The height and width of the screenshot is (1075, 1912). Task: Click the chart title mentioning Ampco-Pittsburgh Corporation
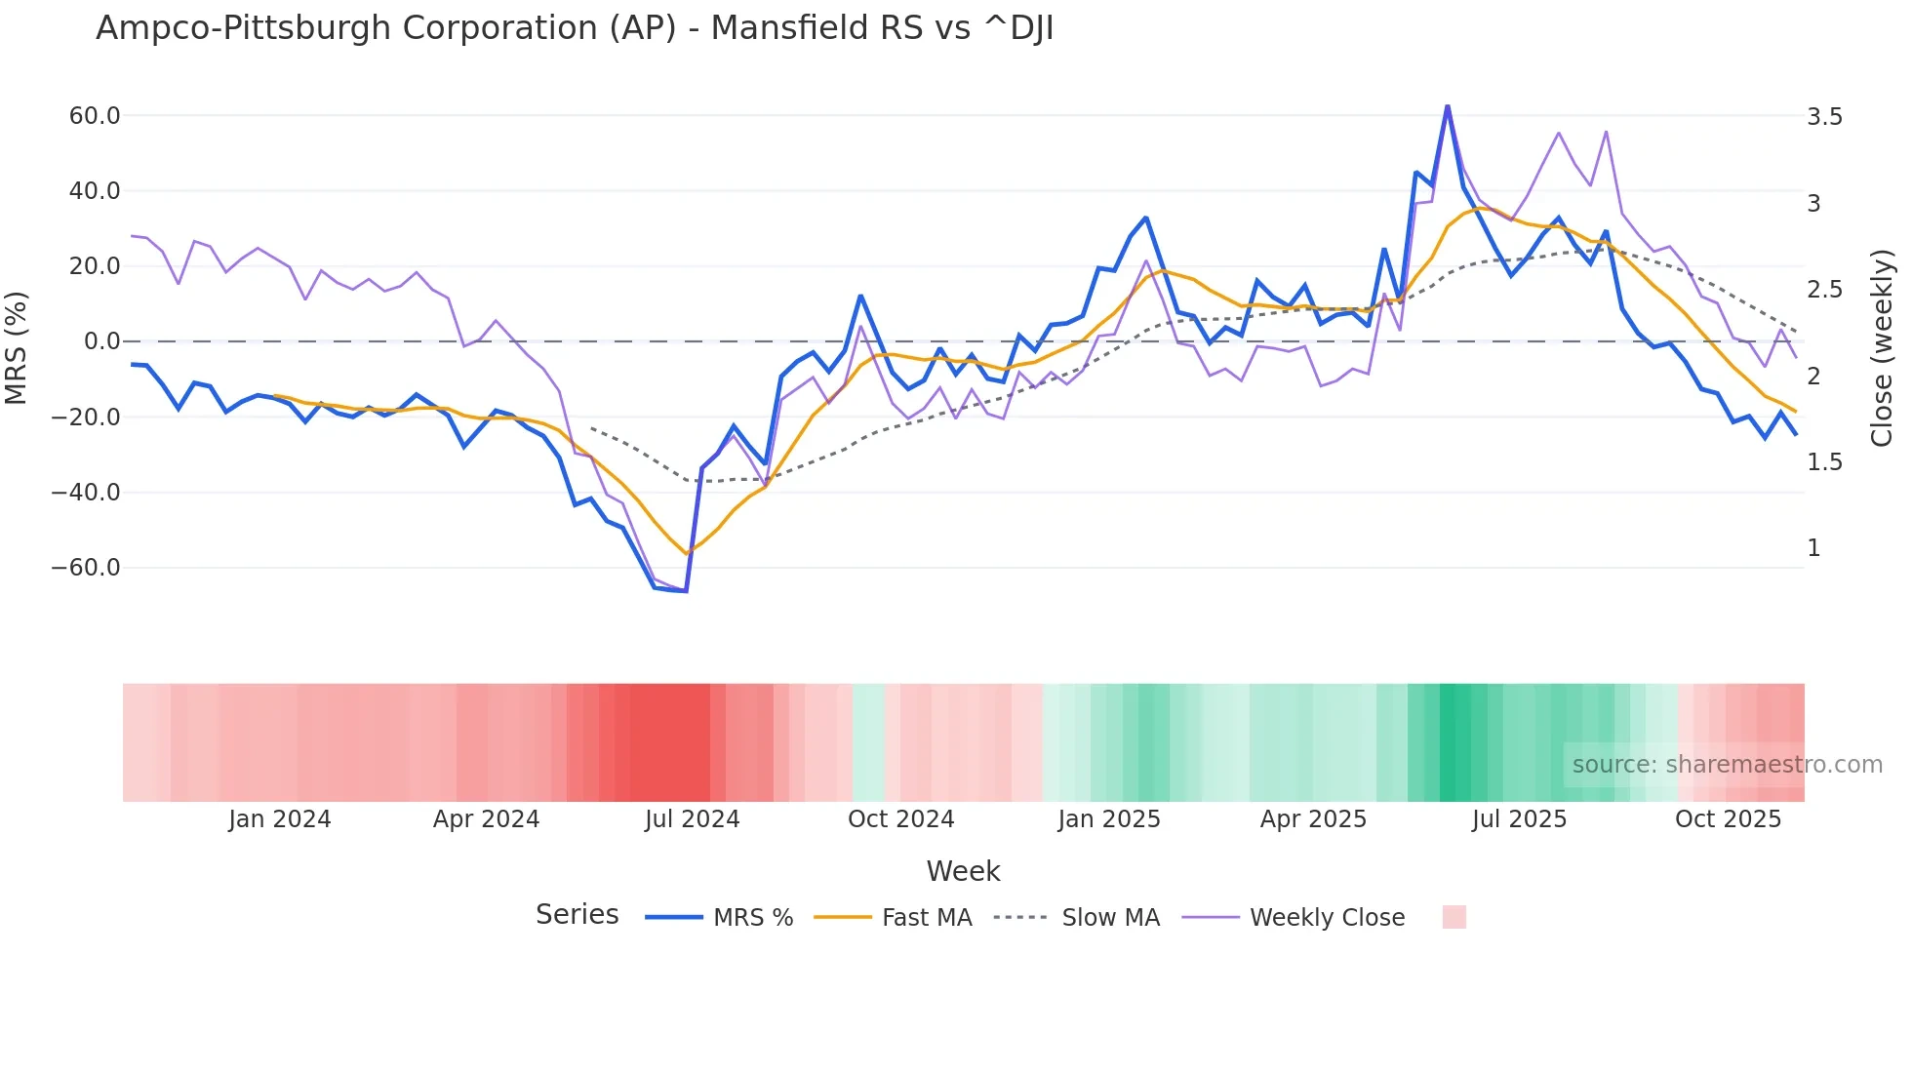click(574, 28)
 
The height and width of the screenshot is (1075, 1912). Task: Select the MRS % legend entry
click(752, 918)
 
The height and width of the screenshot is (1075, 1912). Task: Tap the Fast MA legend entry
click(926, 918)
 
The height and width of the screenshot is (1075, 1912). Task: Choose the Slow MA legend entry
click(1110, 918)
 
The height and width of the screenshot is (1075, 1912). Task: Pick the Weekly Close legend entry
click(1327, 918)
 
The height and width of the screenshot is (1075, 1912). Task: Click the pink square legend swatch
click(1454, 917)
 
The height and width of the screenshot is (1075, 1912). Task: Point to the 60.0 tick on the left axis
click(95, 116)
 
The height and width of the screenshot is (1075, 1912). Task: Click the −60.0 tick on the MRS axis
click(86, 568)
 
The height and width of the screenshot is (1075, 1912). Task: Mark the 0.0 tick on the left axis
click(101, 341)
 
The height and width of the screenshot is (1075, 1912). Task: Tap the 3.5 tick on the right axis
click(1824, 117)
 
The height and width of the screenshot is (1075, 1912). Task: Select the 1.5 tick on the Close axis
click(1824, 462)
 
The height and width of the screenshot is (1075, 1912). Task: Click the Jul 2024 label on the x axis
click(692, 819)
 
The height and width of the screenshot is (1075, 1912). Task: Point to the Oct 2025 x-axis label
click(1728, 819)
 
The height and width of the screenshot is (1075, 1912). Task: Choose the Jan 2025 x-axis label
click(1109, 819)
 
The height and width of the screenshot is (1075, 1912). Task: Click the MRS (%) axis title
click(17, 347)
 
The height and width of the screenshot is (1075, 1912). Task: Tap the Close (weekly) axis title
click(1882, 347)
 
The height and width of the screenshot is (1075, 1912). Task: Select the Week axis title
click(963, 871)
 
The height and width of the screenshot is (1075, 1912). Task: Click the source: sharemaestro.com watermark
click(1727, 765)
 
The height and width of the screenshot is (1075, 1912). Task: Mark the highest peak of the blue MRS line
click(1448, 105)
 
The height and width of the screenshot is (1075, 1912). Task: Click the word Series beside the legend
click(577, 915)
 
